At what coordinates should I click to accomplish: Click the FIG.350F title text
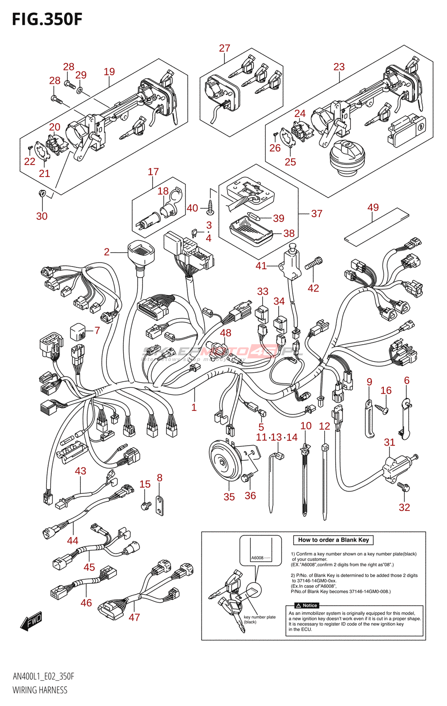47,19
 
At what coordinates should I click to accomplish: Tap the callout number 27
224,48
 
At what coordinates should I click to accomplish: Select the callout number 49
373,207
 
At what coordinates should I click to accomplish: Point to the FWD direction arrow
31,621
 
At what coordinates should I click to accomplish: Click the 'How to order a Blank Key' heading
333,540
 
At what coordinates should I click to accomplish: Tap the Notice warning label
307,605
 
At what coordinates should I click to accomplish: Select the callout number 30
42,216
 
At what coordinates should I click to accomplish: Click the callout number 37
317,214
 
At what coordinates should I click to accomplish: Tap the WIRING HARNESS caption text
40,690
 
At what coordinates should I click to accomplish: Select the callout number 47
134,617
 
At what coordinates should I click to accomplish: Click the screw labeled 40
210,207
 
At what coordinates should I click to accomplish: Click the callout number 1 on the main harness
194,407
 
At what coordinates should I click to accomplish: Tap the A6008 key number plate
260,558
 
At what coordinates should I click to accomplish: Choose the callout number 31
389,442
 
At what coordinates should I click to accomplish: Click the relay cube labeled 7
78,332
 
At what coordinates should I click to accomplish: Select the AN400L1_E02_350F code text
43,676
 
